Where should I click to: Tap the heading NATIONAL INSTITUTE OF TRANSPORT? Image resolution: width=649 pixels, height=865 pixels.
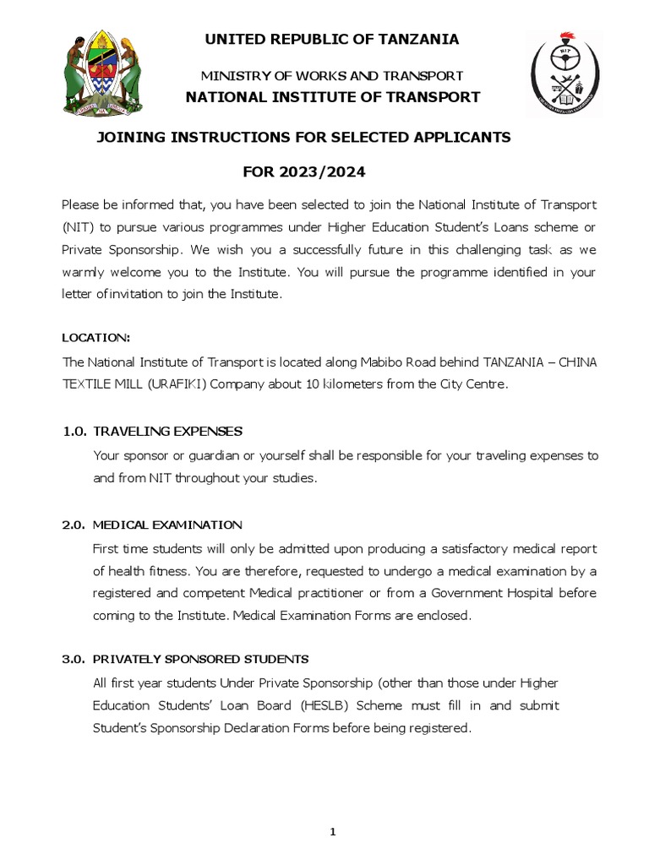click(333, 97)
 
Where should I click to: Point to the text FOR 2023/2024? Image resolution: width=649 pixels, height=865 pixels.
click(304, 172)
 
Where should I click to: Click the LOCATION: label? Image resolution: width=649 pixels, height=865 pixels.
click(96, 338)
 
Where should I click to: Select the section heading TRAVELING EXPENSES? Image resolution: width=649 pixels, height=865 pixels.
click(167, 432)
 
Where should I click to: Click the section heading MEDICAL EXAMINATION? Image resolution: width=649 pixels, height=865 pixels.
click(167, 525)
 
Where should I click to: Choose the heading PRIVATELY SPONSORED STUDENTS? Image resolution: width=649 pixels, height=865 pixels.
click(200, 659)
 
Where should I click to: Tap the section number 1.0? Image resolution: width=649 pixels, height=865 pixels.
click(74, 432)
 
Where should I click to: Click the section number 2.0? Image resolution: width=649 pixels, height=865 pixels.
click(74, 525)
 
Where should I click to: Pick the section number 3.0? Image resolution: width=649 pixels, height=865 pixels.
click(74, 659)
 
